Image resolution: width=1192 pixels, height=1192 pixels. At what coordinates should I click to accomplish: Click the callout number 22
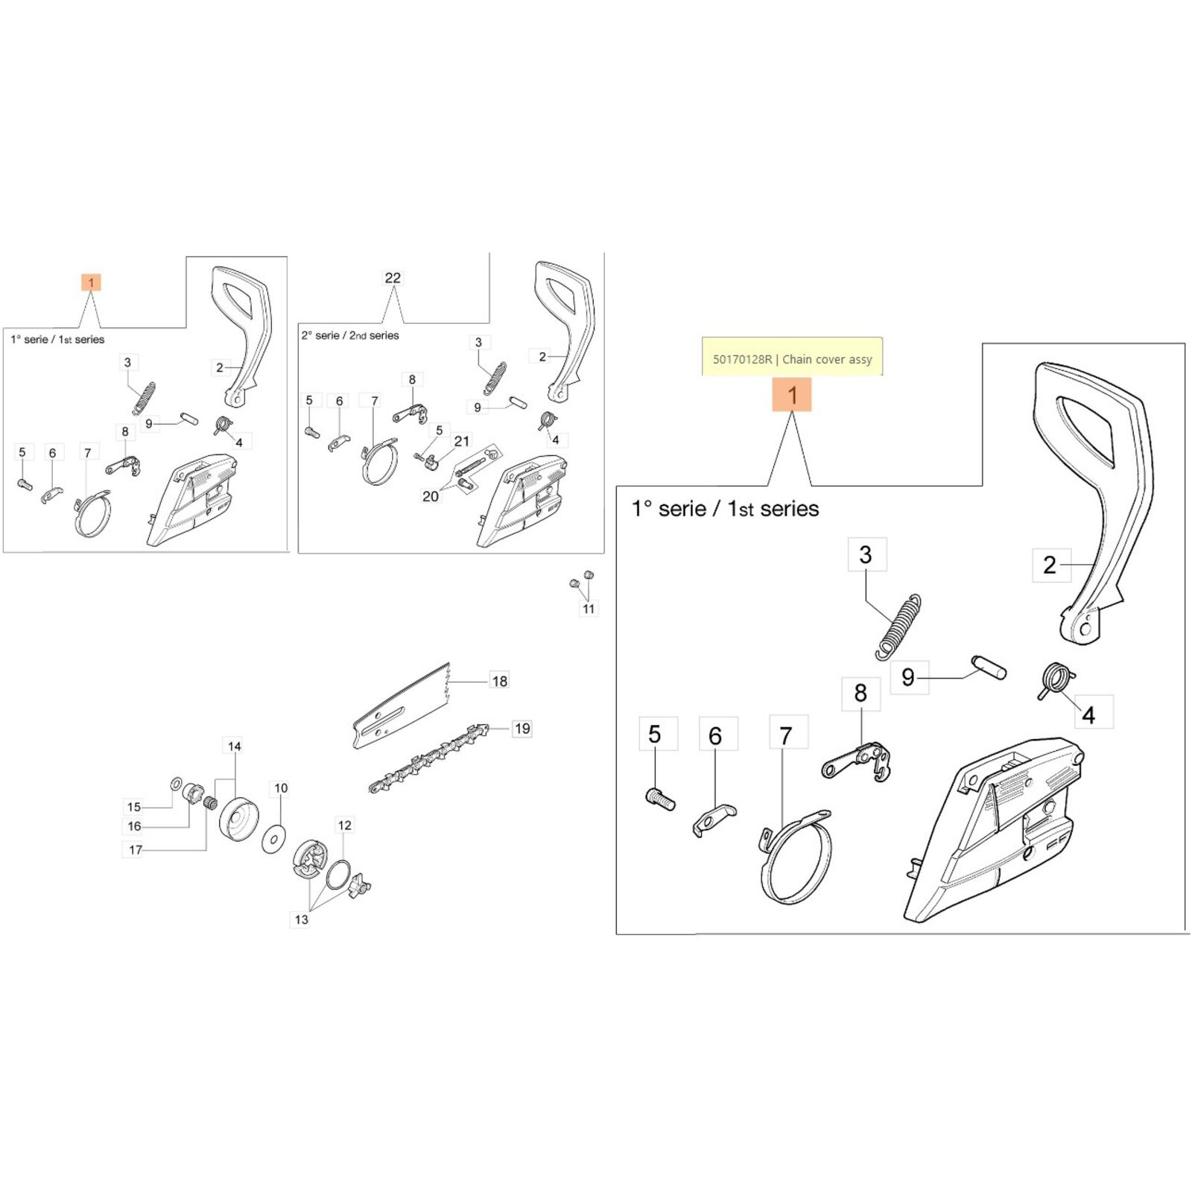[x=393, y=278]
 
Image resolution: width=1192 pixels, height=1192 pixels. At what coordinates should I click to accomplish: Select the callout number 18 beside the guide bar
[x=499, y=681]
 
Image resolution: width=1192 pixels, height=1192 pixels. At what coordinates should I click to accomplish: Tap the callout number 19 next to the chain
[x=522, y=729]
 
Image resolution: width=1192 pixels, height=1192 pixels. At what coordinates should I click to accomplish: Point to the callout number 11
[x=589, y=609]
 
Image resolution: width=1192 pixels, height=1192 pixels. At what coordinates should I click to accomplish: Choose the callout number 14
[x=234, y=746]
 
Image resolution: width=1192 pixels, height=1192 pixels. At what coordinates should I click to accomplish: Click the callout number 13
[x=301, y=919]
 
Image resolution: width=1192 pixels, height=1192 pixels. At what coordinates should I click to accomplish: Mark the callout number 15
[x=133, y=807]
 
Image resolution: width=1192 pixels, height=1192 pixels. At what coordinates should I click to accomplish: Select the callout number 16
[x=134, y=826]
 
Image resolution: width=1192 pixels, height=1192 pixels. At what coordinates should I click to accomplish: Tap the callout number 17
[x=135, y=850]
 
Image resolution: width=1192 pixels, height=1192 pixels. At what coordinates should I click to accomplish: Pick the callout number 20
[x=430, y=496]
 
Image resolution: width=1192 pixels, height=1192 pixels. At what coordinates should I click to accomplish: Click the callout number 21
[x=462, y=441]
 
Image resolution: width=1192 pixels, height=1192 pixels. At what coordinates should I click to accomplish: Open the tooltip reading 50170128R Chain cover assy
[x=792, y=358]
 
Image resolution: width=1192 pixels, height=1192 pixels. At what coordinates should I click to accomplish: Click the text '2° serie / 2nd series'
[x=350, y=336]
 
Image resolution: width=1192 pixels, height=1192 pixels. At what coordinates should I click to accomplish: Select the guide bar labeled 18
[x=402, y=708]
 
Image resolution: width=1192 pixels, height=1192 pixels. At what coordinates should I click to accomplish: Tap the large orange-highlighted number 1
[x=791, y=395]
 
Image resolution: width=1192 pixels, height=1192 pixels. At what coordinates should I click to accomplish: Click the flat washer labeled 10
[x=274, y=840]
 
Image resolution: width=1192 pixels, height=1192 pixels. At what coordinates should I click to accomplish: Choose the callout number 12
[x=344, y=825]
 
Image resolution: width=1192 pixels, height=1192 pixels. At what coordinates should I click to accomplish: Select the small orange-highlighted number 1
[x=91, y=282]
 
